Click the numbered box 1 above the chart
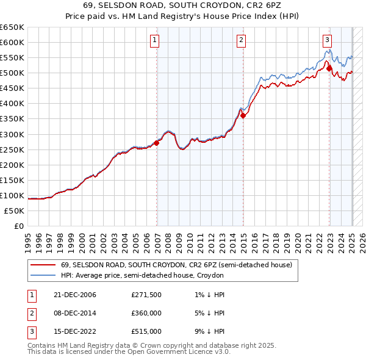[x=154, y=41]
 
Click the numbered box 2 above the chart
[x=241, y=41]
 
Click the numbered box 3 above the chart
[x=327, y=41]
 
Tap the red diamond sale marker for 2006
[x=157, y=143]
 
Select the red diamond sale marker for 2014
[x=243, y=115]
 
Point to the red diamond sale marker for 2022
[x=329, y=68]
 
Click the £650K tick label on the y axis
[x=12, y=27]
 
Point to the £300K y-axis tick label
[x=12, y=134]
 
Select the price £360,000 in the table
[x=146, y=314]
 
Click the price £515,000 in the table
[x=146, y=333]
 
